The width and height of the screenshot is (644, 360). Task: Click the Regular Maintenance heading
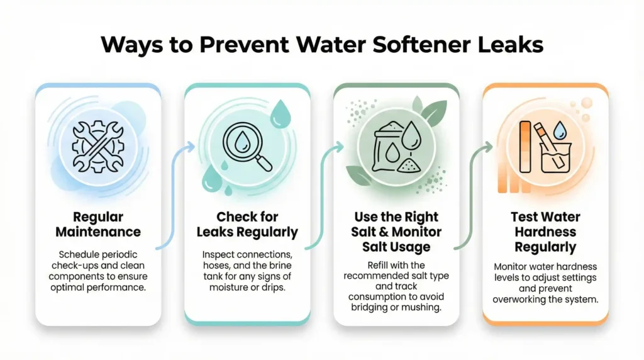click(97, 225)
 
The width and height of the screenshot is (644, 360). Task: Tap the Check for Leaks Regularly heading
click(247, 225)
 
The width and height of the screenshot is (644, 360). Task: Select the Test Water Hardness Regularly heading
click(545, 232)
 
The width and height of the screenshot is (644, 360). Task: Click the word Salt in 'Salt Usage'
click(379, 247)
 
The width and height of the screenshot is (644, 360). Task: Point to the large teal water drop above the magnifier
click(279, 118)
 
